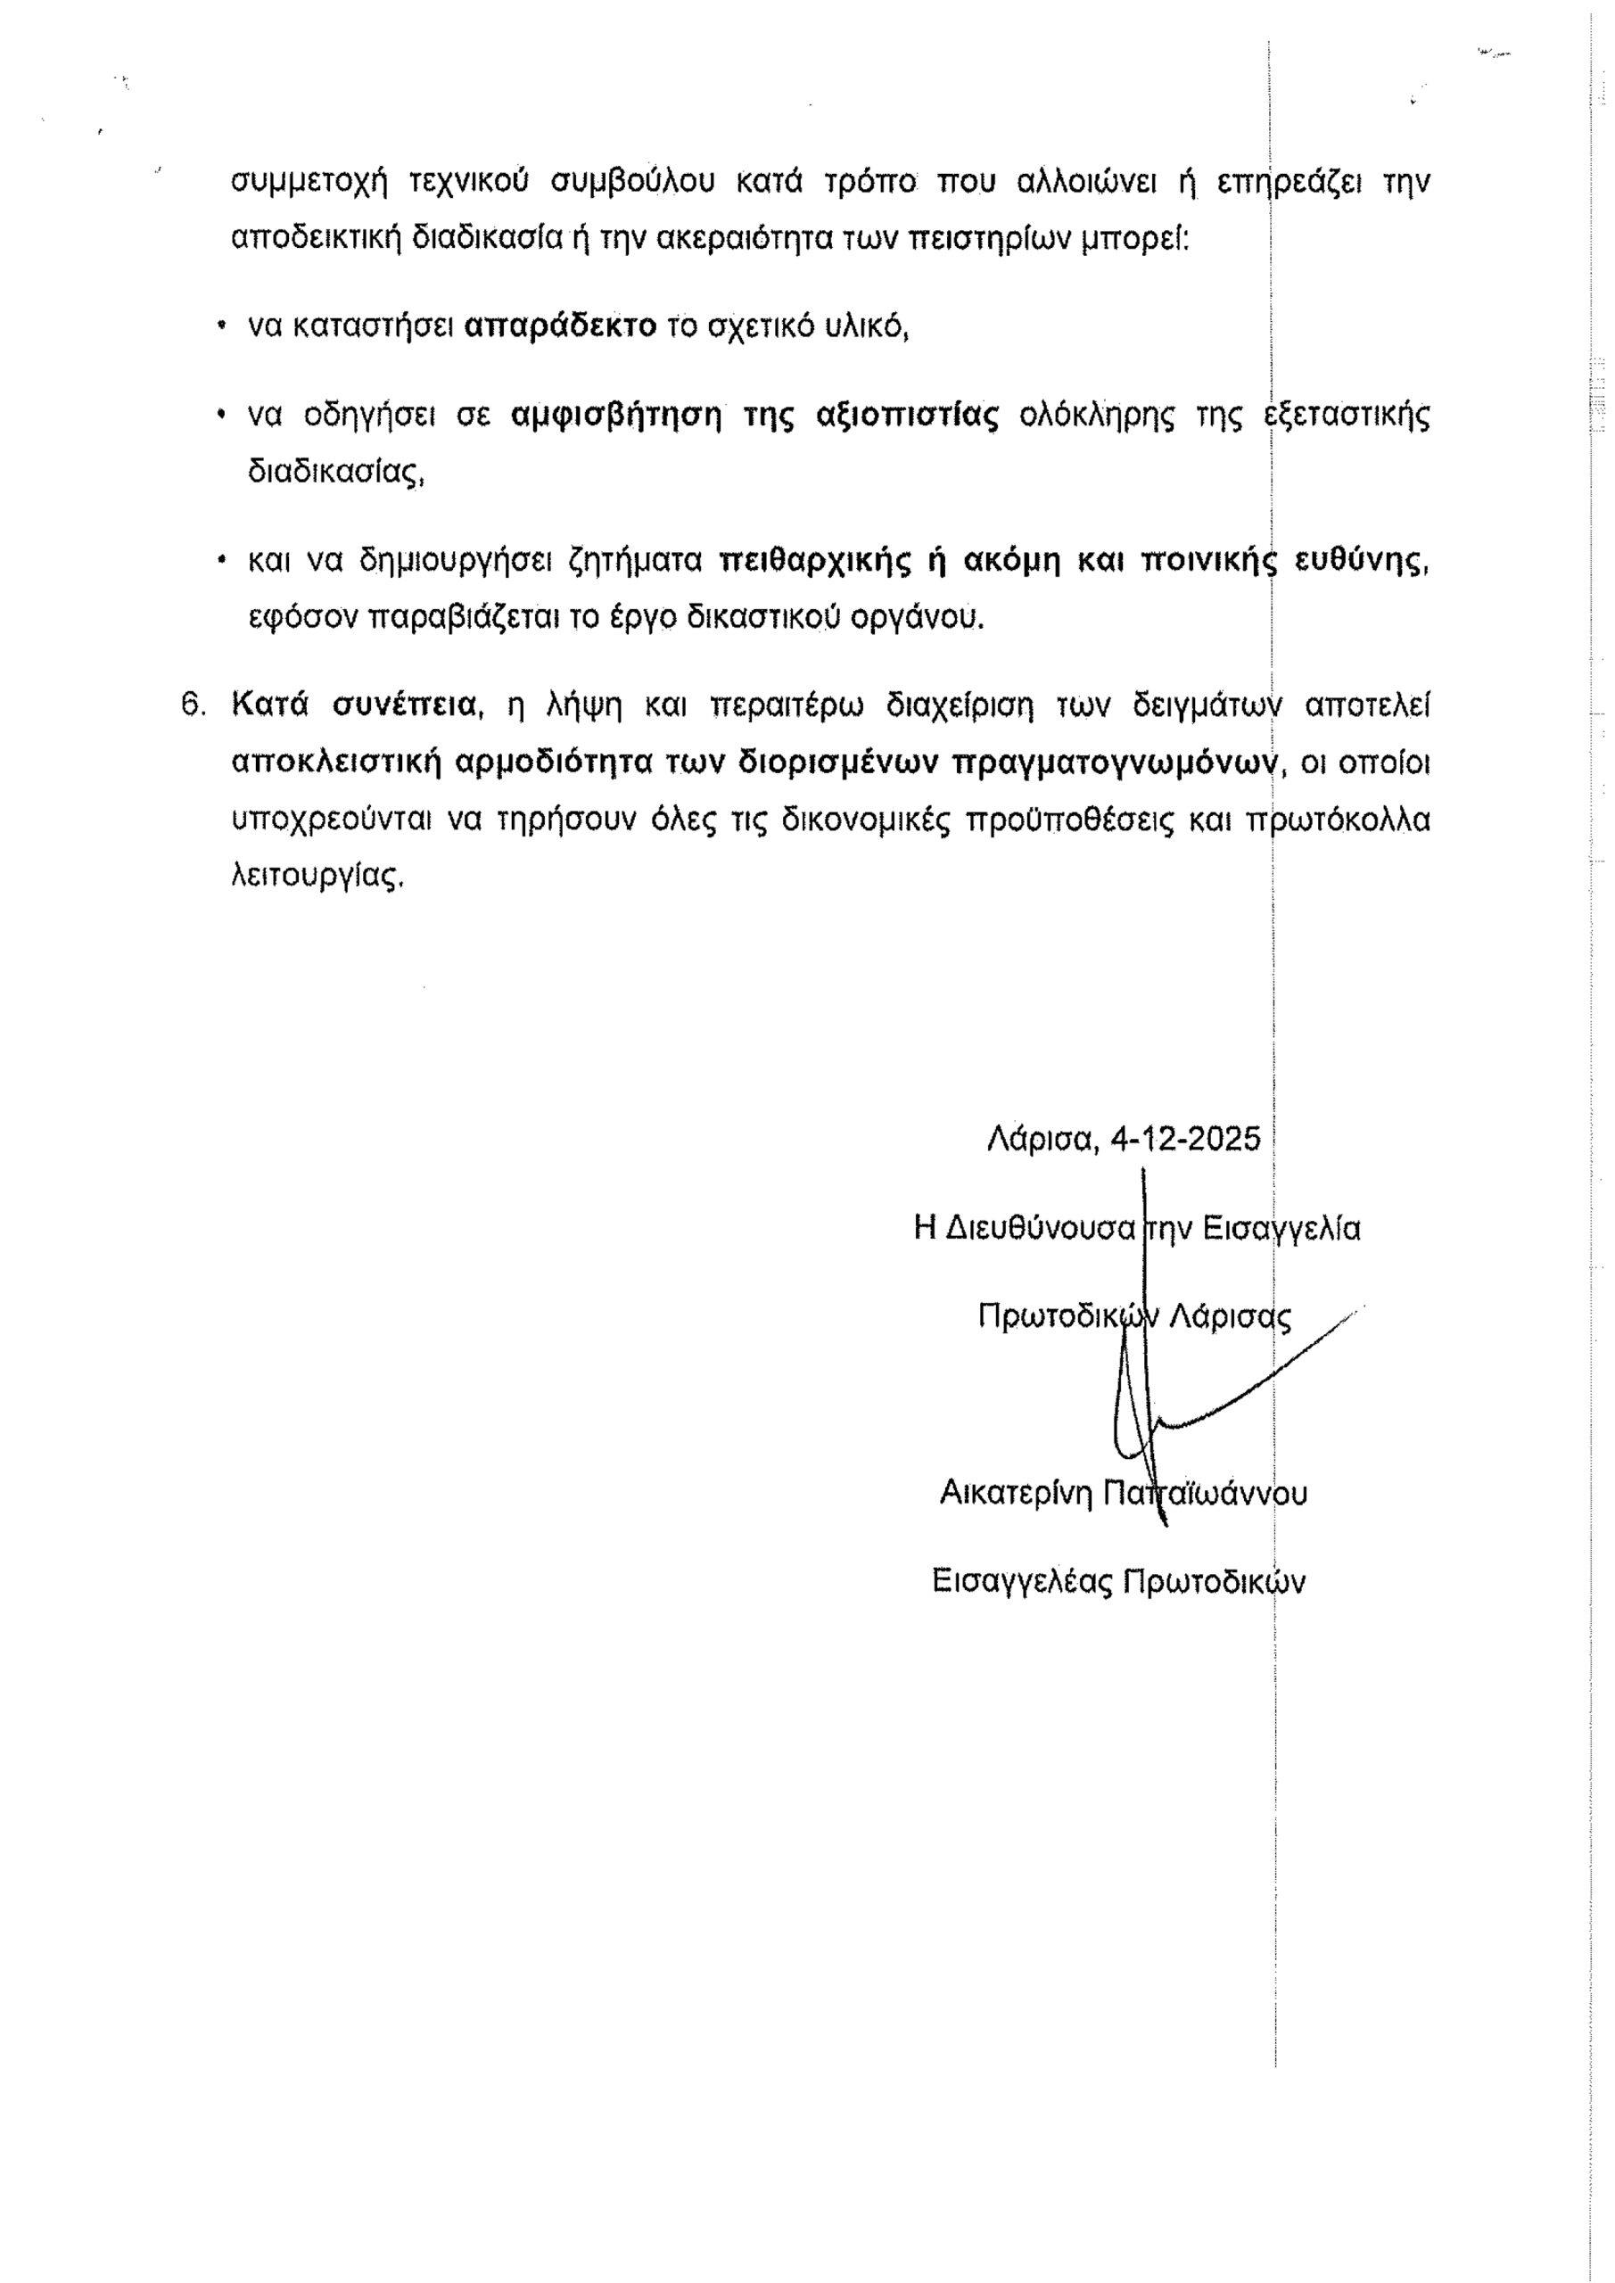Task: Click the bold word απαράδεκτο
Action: [x=561, y=326]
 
